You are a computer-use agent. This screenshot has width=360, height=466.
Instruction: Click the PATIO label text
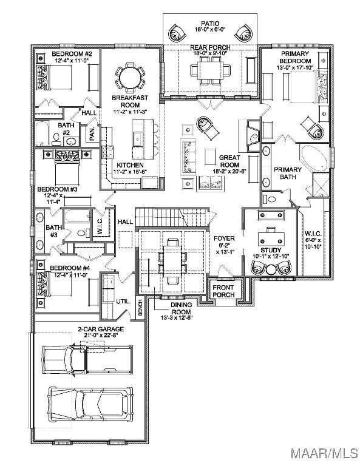209,24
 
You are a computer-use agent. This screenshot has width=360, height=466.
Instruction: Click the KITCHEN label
130,164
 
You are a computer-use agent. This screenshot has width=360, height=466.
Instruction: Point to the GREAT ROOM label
229,161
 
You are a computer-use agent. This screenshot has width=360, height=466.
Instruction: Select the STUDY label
271,250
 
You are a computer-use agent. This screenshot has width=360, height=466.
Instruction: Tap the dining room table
172,262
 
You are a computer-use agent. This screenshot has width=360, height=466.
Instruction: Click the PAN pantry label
92,134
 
